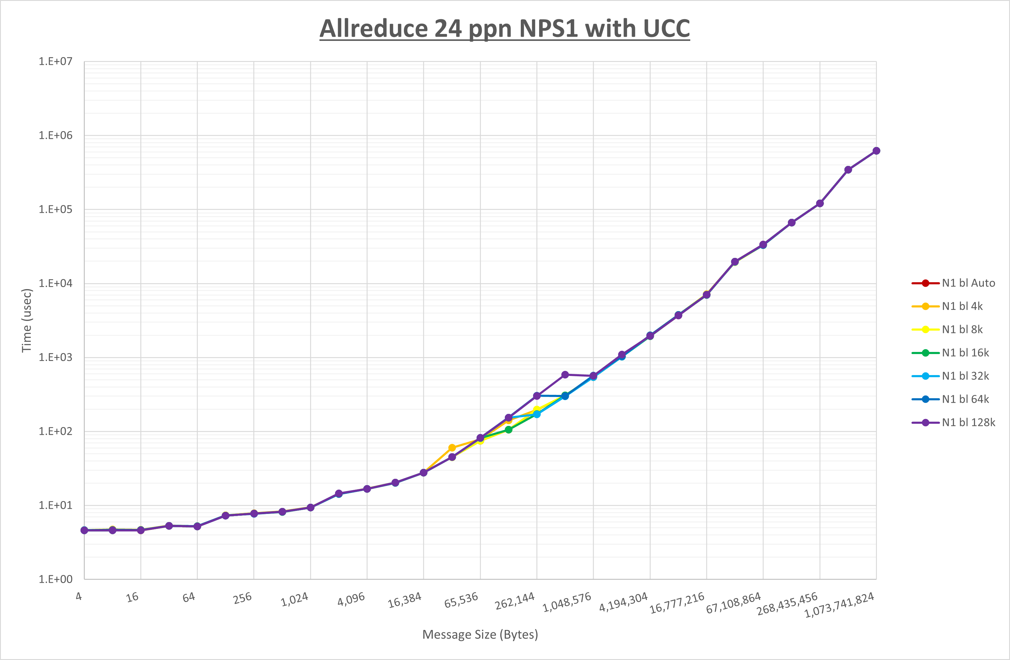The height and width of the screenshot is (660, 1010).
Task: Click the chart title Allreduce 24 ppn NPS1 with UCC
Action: (505, 29)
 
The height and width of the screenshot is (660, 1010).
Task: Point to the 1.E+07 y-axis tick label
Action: (56, 62)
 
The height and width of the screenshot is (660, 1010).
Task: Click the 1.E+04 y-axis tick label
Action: (56, 283)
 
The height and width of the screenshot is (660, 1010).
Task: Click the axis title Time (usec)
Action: (27, 320)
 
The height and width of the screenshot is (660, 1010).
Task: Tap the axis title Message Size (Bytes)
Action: (480, 634)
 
